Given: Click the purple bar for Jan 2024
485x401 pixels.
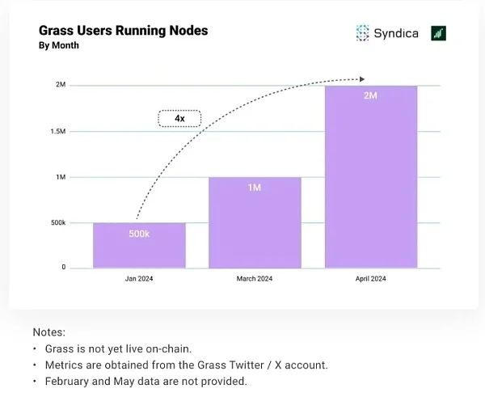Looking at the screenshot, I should (x=139, y=246).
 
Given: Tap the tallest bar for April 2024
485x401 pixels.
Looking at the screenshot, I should (x=371, y=178).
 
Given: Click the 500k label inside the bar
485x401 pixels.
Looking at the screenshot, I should (x=139, y=234).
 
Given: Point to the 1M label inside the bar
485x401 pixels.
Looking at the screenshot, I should (x=255, y=188).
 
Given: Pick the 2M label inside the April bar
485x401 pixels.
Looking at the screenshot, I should (x=371, y=96).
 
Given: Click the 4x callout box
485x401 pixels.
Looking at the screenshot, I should (x=179, y=118).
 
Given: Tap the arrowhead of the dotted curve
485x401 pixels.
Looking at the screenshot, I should (x=363, y=79).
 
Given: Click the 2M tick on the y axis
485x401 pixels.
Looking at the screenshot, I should (x=61, y=85).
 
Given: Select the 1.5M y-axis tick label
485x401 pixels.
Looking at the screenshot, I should (x=57, y=131).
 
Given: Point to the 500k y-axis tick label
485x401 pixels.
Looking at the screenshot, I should (x=57, y=222).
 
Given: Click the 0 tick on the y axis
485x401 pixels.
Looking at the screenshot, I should (x=63, y=268).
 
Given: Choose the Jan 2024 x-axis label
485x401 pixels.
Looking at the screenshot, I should (x=139, y=279).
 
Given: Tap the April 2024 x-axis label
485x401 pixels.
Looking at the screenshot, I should (x=371, y=279).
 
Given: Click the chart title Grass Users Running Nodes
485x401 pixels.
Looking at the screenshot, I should (x=123, y=31).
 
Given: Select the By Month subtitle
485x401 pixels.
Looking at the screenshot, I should (x=59, y=46).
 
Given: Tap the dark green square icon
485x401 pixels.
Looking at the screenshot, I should (x=439, y=33).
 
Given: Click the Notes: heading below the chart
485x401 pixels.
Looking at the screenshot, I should (x=48, y=332).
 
